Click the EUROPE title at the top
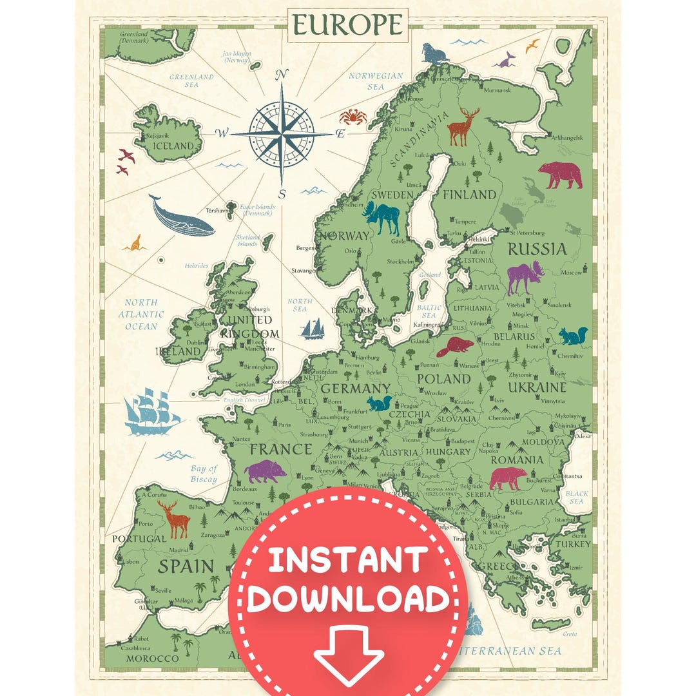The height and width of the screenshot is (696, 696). click(347, 25)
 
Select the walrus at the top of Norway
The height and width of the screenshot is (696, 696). click(434, 53)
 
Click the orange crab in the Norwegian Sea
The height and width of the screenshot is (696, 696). click(353, 117)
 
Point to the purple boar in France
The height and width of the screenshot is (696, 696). click(266, 472)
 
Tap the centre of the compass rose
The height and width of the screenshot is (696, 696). click(282, 133)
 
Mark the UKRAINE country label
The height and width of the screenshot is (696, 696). click(537, 387)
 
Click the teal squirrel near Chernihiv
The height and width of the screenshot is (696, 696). click(573, 336)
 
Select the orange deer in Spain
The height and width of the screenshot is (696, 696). click(175, 519)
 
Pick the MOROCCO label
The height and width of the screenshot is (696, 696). click(152, 658)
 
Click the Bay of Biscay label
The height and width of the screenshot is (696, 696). click(204, 474)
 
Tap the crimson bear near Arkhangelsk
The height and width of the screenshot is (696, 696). click(559, 173)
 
